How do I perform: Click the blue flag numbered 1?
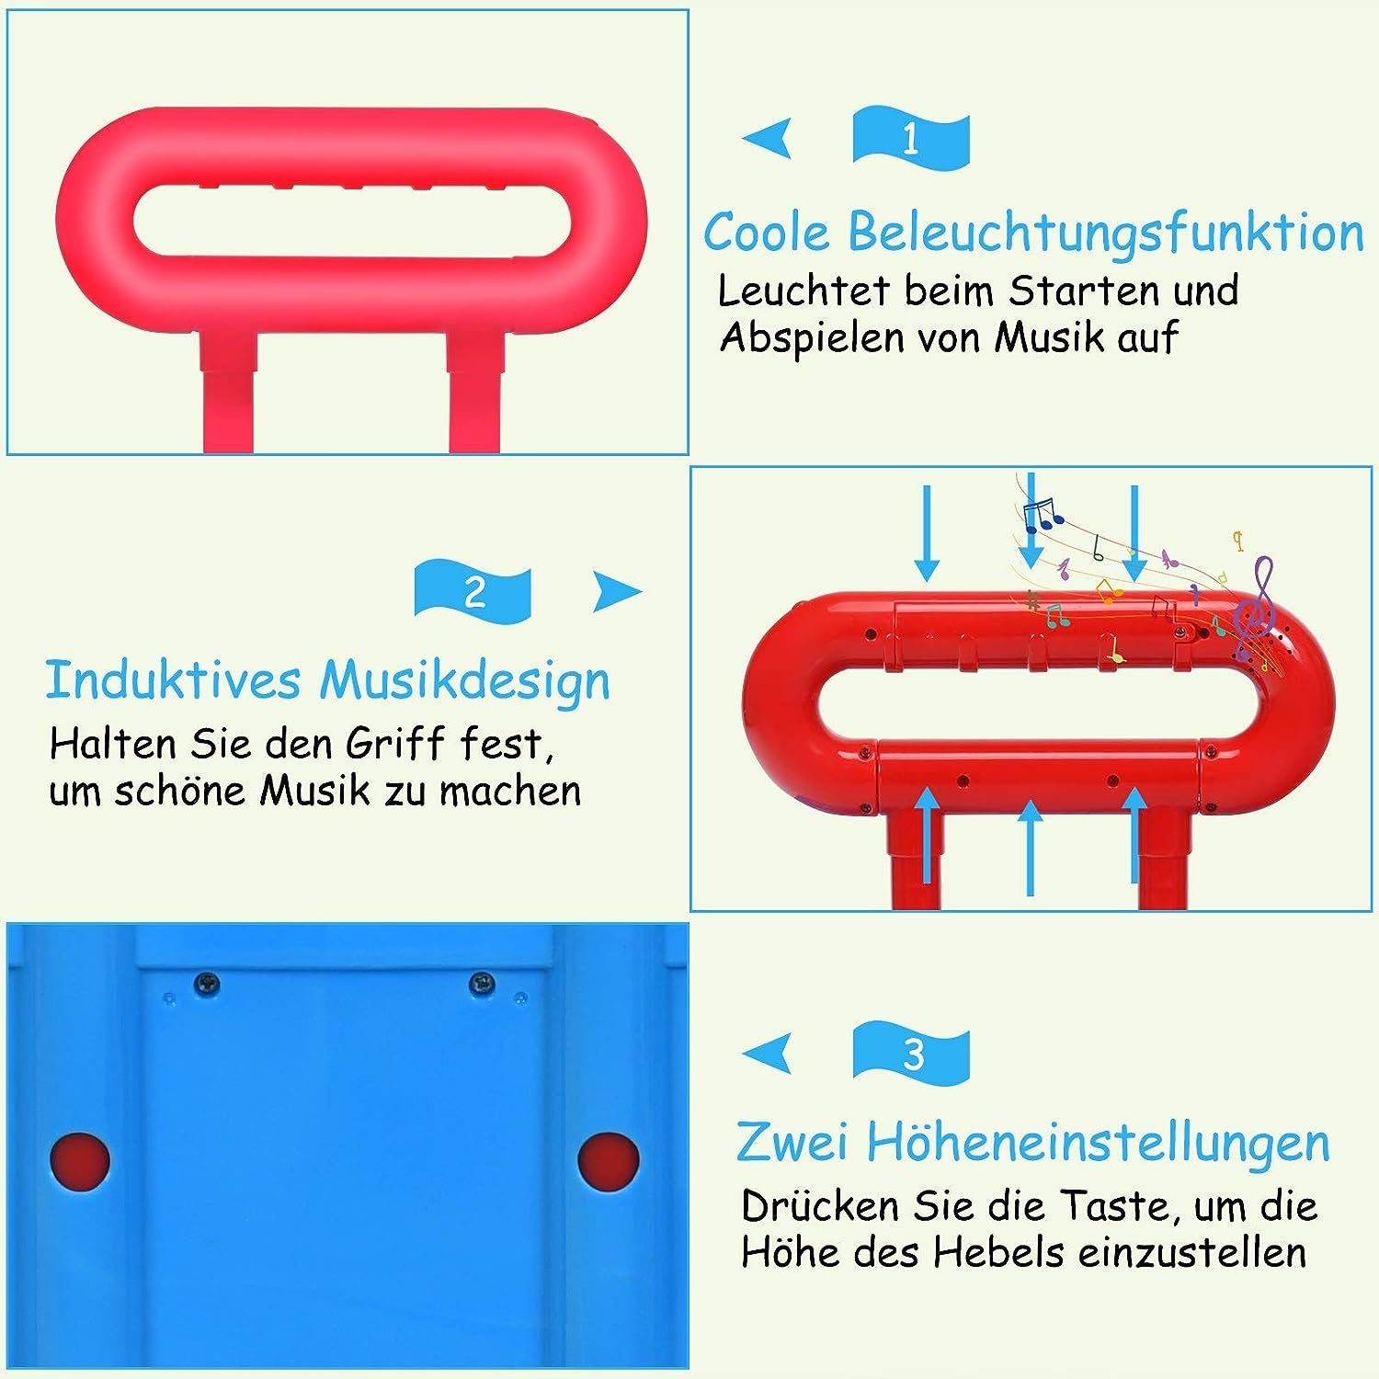[x=911, y=139]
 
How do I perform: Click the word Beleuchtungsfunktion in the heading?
[x=1105, y=232]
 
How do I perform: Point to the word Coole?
[x=767, y=232]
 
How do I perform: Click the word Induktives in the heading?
[x=173, y=681]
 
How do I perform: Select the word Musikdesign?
[x=464, y=681]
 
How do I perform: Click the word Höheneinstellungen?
[x=1098, y=1143]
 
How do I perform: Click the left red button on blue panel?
[x=80, y=1160]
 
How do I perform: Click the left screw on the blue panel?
[x=207, y=985]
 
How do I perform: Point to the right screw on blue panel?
[x=482, y=985]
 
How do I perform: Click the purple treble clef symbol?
[x=1254, y=610]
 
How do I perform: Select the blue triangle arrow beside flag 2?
[x=614, y=591]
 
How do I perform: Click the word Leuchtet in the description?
[x=803, y=291]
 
